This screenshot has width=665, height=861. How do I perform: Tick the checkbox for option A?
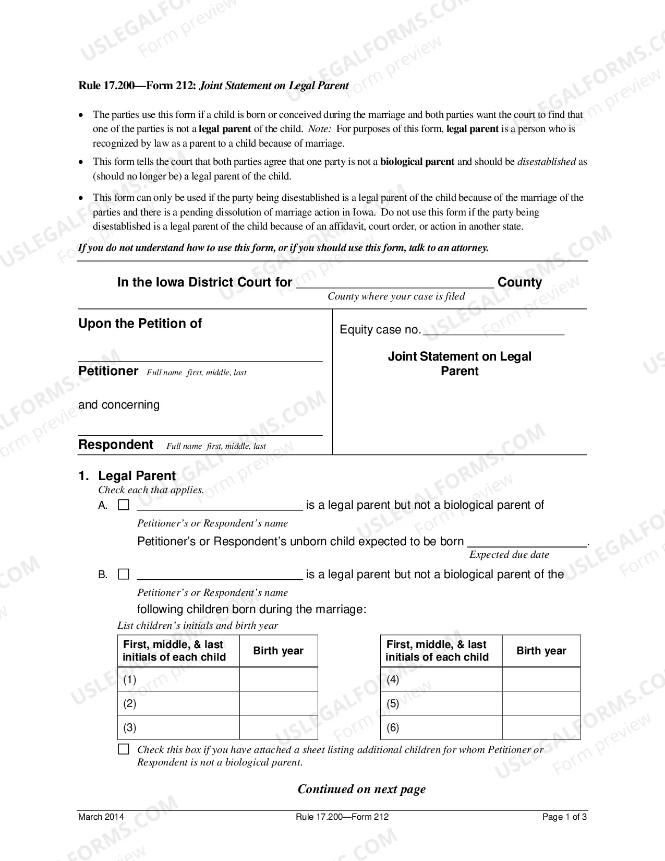pos(124,505)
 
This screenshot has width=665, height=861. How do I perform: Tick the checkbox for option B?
pos(124,575)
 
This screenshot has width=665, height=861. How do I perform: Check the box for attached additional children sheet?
pos(124,749)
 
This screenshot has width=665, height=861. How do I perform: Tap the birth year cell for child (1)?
pos(279,679)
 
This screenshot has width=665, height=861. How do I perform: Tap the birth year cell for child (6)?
pos(541,727)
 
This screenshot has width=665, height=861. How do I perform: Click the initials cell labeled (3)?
pos(178,727)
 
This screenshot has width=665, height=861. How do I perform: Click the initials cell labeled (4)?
pos(441,679)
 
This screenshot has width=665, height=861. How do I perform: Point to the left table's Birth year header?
pos(279,651)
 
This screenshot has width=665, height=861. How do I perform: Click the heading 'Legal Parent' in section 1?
pos(137,476)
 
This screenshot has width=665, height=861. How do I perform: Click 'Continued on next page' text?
pos(361,789)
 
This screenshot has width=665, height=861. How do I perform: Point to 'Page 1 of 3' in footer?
pos(564,817)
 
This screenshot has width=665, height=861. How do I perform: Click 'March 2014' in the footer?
pos(101,817)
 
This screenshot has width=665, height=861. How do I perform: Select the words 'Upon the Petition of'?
pos(140,324)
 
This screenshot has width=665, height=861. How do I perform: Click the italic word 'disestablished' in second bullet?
pos(547,162)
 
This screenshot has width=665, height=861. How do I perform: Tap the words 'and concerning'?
pos(119,405)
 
